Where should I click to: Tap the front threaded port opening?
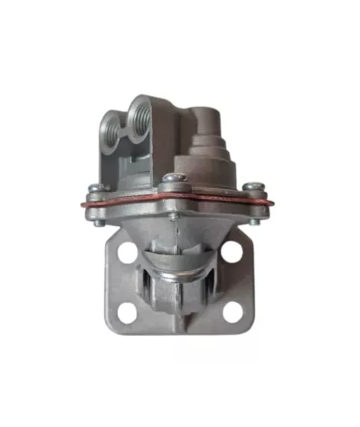pyautogui.click(x=142, y=116)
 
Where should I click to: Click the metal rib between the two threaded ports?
pyautogui.click(x=128, y=136)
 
